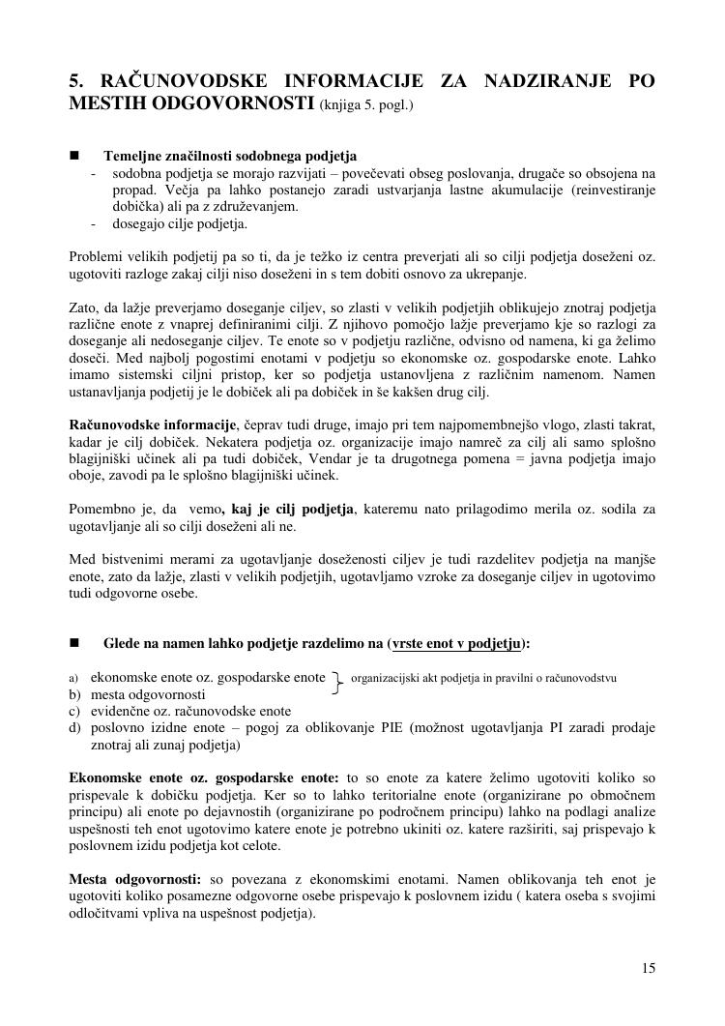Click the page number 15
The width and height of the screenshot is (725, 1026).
click(648, 968)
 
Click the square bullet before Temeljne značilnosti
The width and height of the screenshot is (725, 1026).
click(74, 155)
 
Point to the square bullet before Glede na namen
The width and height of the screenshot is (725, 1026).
click(74, 643)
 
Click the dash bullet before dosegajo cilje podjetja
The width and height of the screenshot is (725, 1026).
click(94, 224)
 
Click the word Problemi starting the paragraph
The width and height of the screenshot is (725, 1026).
click(97, 257)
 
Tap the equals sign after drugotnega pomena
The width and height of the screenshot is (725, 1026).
click(516, 459)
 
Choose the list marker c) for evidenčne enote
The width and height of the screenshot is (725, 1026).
click(74, 711)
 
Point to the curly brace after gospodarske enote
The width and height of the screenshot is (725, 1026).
click(337, 684)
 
